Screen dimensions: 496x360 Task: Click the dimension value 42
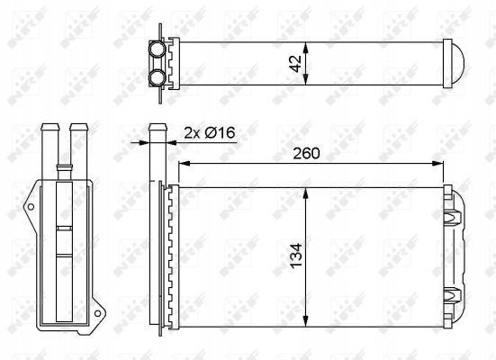(296, 64)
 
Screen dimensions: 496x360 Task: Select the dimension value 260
(306, 153)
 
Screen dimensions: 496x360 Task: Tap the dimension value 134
(296, 256)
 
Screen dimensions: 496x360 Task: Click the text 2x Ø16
(210, 133)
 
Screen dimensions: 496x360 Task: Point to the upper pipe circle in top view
(158, 49)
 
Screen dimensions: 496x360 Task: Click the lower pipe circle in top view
(158, 77)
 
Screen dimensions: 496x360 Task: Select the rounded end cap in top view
(458, 63)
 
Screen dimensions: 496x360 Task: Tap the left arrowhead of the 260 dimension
(185, 163)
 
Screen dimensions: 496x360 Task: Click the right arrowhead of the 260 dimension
(437, 163)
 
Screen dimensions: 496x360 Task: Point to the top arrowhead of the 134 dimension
(305, 193)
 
